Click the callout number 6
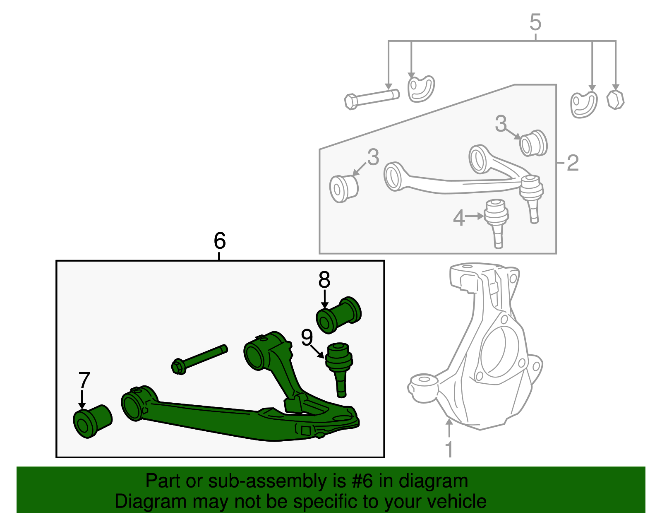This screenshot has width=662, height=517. coord(220,240)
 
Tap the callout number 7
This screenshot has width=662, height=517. coord(84,380)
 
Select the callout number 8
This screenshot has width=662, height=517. coord(324,280)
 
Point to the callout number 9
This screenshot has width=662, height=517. coord(307,338)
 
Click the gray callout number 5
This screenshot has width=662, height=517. coord(535,22)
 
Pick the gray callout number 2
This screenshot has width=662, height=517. coord(573,163)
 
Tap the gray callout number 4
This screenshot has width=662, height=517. coord(459,218)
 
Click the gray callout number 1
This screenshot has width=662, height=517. coord(449,450)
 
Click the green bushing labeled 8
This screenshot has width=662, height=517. coord(338,315)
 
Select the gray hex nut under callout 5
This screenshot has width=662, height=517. coord(615,100)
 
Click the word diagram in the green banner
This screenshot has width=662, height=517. coord(433,481)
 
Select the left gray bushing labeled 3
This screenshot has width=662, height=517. coord(343,188)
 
